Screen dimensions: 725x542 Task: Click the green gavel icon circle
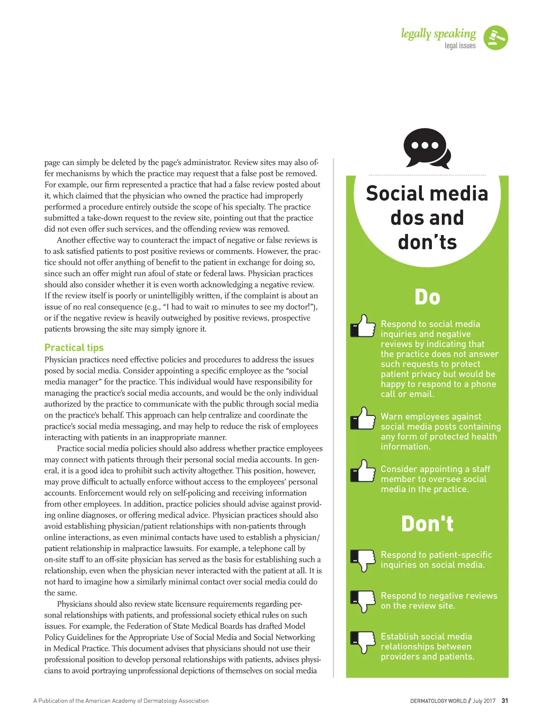coord(496,38)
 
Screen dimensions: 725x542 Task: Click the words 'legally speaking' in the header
coord(438,34)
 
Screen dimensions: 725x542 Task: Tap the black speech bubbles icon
coord(427,148)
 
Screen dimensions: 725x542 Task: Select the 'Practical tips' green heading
coord(74,348)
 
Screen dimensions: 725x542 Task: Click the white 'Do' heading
coord(427,297)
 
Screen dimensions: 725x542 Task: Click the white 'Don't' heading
coord(427,524)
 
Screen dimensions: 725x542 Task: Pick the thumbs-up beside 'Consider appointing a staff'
coord(363,471)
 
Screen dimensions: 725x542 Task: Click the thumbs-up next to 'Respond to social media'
coord(363,326)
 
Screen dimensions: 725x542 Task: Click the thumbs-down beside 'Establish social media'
coord(363,642)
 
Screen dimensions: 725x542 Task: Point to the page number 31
coord(504,701)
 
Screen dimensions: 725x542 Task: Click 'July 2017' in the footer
coord(484,701)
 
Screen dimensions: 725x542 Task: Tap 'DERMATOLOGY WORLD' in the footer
coord(438,701)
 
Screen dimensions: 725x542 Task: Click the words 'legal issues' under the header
coord(460,46)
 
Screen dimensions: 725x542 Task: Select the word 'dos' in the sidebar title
coord(406,218)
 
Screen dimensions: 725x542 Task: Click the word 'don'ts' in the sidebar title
coord(427,242)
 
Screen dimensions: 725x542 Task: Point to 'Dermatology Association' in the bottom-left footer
coord(177,701)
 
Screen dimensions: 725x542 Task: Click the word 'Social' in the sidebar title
coord(395,194)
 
